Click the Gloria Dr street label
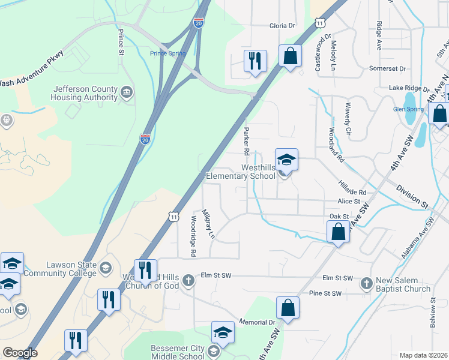tap(283, 26)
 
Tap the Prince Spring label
tap(168, 53)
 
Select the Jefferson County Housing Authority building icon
tap(127, 92)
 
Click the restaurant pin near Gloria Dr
tap(255, 61)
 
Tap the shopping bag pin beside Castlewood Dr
tap(291, 56)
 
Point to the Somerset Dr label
tap(388, 69)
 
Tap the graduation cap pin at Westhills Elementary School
tap(286, 160)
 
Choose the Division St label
tap(411, 196)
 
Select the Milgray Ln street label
tap(208, 223)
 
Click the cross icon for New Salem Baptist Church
tap(366, 281)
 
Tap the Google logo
tap(20, 353)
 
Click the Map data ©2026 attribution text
tap(423, 355)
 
